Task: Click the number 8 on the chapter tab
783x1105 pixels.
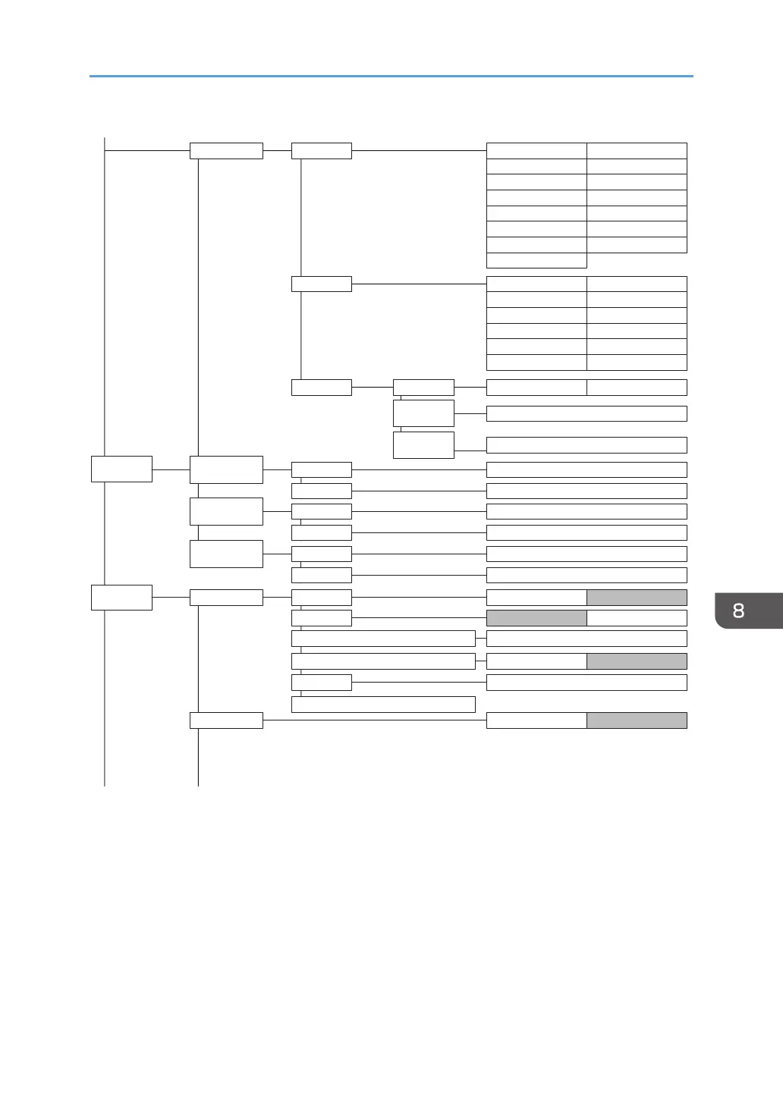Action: (x=738, y=611)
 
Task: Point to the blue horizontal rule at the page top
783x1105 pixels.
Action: (x=391, y=76)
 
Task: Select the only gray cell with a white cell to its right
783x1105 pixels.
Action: (x=536, y=618)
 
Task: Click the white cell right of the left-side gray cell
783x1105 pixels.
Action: (x=637, y=618)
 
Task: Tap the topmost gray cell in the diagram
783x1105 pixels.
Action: (x=637, y=597)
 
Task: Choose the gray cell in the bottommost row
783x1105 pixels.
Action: (x=637, y=720)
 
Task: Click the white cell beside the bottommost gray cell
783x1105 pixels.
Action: (x=536, y=720)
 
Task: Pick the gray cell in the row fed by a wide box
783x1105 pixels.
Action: (x=637, y=661)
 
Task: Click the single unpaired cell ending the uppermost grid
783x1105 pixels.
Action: (x=536, y=261)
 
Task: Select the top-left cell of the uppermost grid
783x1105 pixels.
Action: (x=536, y=150)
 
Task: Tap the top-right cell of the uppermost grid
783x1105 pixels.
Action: (x=637, y=150)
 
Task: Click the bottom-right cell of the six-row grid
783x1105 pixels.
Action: (x=637, y=363)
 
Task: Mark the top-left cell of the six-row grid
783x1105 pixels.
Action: (x=536, y=284)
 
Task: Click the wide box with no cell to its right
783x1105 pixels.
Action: (x=383, y=705)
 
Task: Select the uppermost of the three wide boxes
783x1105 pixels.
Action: (x=383, y=639)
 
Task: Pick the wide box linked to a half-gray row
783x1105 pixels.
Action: (x=383, y=661)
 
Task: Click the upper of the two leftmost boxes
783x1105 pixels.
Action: (x=121, y=469)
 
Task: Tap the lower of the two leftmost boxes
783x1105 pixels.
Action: (x=121, y=597)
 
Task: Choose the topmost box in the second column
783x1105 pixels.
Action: (x=226, y=150)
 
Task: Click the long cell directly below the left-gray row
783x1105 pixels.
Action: (x=586, y=639)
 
